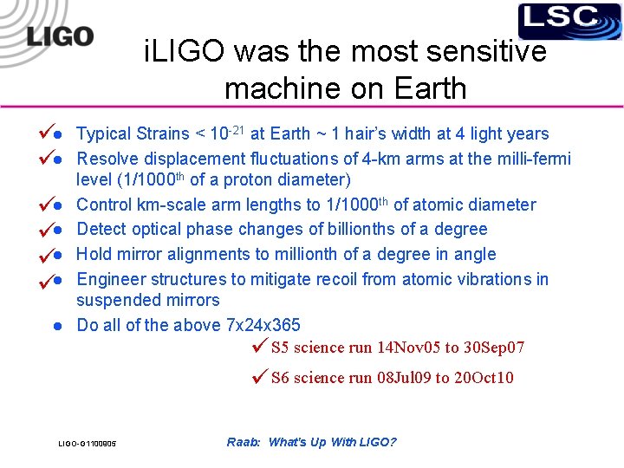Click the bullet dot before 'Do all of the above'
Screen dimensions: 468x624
55,326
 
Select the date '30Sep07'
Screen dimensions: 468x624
493,348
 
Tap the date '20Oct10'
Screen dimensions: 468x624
483,378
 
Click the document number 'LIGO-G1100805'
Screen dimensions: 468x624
88,445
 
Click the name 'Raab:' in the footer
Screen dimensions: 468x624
244,442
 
